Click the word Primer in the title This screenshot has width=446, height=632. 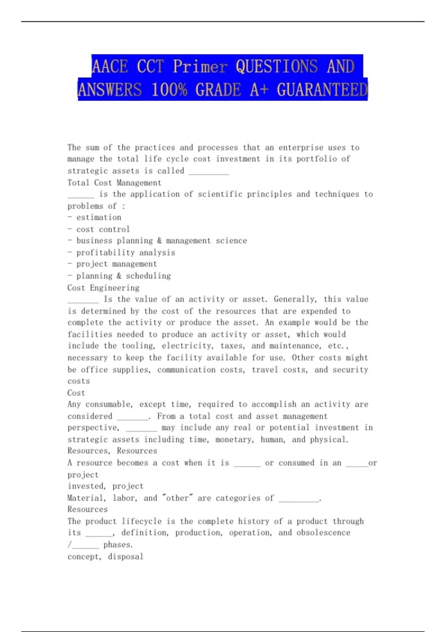pos(200,67)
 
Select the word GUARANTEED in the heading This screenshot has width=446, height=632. pos(322,90)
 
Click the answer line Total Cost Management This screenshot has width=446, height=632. pos(114,183)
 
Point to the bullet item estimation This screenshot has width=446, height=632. pos(98,217)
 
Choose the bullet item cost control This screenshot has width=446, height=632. pos(103,229)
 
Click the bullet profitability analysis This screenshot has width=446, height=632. pos(126,252)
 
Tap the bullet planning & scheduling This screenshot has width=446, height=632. pos(123,276)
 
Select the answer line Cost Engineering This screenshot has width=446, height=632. pos(103,288)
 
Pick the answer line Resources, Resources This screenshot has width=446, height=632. pos(112,451)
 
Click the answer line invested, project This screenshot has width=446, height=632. pos(106,486)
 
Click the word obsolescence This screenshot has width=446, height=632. pos(323,533)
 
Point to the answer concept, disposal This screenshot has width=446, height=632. pos(106,557)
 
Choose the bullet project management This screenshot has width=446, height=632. pos(116,264)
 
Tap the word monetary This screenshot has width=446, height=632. pos(235,439)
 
